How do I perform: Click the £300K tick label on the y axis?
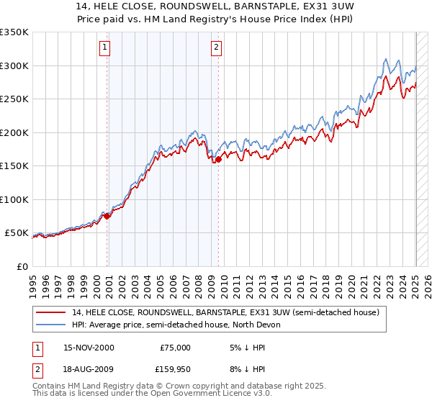14,65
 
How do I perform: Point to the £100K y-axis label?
14,199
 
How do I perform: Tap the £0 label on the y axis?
22,266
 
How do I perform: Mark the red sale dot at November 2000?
107,216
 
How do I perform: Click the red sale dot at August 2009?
218,159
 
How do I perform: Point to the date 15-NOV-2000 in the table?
89,348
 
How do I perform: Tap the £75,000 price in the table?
175,348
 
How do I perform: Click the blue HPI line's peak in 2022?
386,59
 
